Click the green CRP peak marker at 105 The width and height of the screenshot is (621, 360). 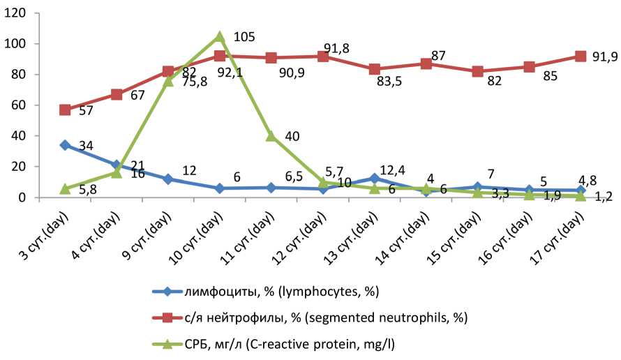[220, 36]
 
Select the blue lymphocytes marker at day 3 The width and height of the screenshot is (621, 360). [65, 145]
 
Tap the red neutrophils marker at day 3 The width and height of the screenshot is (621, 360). [65, 110]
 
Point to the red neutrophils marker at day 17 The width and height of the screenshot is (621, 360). [581, 56]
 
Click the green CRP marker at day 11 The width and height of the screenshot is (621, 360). [271, 136]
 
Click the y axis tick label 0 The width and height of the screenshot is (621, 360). [23, 197]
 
